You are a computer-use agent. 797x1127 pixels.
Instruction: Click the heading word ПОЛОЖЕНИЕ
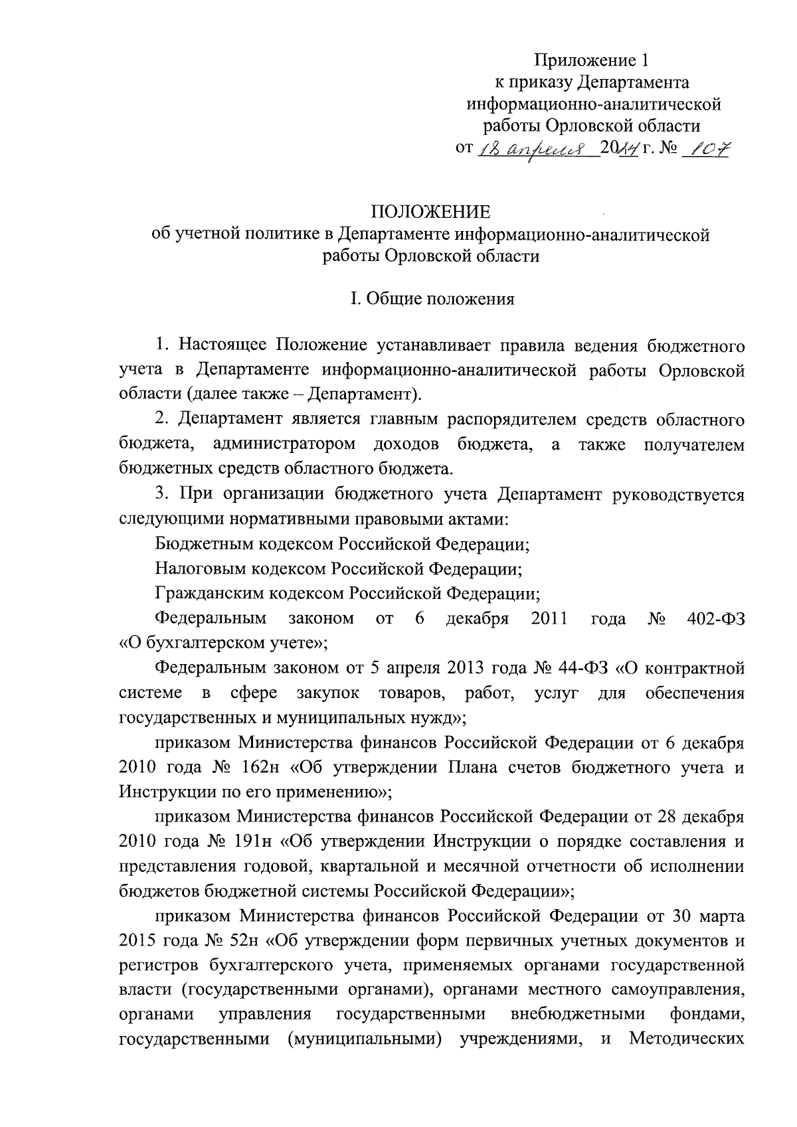(x=430, y=212)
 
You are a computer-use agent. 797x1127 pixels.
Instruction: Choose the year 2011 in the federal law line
(x=549, y=619)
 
